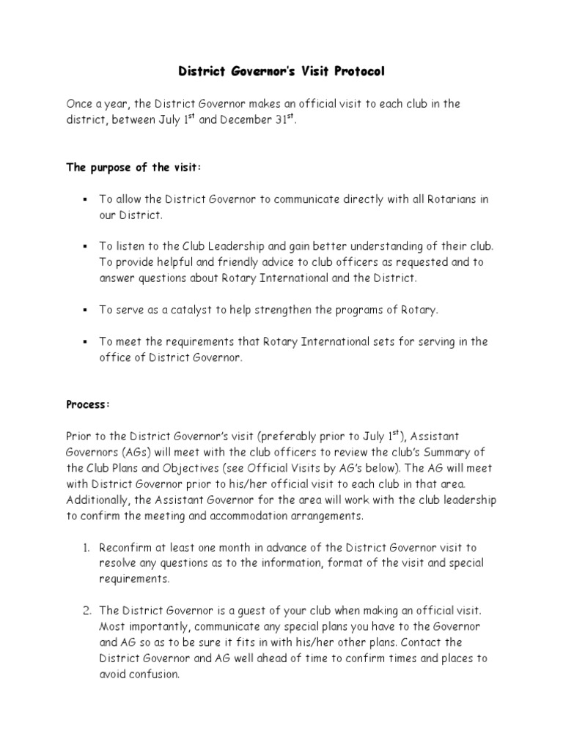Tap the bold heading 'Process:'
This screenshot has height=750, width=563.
[89, 404]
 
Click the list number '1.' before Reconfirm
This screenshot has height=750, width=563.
[84, 548]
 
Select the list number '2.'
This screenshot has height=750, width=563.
[84, 610]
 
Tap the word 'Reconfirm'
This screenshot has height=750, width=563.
[128, 548]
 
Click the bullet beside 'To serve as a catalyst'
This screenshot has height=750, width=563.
[85, 310]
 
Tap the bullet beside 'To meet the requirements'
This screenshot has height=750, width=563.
[85, 342]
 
